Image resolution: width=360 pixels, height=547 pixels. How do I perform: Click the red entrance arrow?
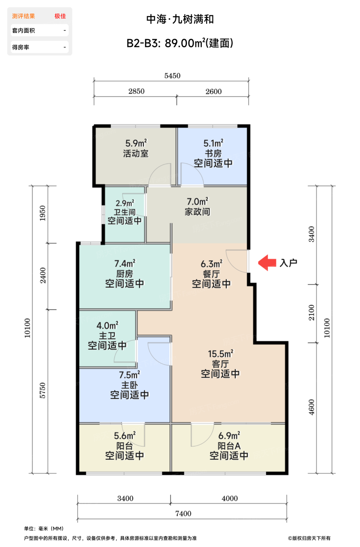click(x=267, y=263)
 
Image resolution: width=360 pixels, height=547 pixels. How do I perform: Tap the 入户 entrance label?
click(x=288, y=263)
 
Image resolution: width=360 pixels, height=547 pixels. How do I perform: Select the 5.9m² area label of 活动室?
click(x=136, y=143)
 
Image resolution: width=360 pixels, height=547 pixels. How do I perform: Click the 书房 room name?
click(x=213, y=153)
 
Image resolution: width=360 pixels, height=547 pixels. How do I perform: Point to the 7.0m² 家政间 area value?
click(x=198, y=202)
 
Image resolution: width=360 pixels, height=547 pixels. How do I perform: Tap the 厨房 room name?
click(x=125, y=274)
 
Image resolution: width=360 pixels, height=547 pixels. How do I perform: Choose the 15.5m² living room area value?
click(x=220, y=354)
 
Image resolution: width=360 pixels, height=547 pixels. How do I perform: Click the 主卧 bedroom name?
click(x=129, y=385)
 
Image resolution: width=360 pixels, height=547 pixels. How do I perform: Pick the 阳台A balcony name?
click(x=229, y=446)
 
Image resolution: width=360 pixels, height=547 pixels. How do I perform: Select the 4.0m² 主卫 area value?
click(x=107, y=325)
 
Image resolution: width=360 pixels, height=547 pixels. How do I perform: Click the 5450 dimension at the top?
click(x=172, y=76)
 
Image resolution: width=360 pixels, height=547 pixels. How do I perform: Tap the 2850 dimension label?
click(x=136, y=91)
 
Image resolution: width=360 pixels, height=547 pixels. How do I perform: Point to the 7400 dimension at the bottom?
click(x=183, y=513)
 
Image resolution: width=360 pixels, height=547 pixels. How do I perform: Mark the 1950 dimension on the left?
click(x=43, y=213)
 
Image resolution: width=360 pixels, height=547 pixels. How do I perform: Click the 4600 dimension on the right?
click(x=312, y=407)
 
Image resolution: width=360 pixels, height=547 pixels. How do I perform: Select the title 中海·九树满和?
click(x=180, y=19)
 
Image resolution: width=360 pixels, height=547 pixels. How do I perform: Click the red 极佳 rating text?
click(x=60, y=16)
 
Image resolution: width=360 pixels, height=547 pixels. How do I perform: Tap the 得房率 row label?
click(x=21, y=47)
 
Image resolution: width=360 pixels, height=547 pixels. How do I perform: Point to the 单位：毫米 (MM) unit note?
click(x=44, y=528)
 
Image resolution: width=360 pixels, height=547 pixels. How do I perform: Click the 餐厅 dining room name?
click(x=211, y=274)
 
